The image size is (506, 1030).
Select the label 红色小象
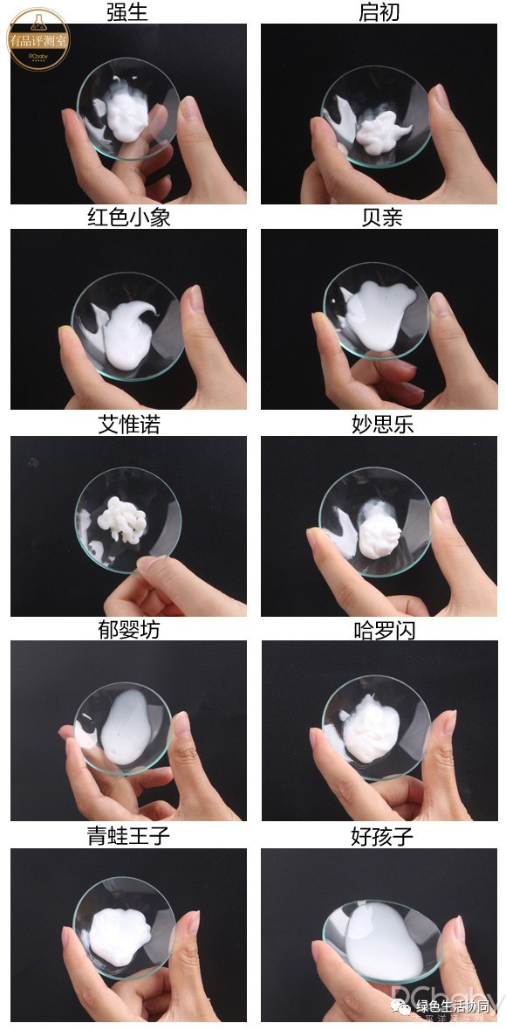128,218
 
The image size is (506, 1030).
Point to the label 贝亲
381,218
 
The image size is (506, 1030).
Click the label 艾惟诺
128,425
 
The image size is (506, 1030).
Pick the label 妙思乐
381,425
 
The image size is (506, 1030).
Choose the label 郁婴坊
128,630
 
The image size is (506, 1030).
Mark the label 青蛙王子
128,836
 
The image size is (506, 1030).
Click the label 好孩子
381,837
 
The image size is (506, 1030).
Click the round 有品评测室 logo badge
38,39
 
